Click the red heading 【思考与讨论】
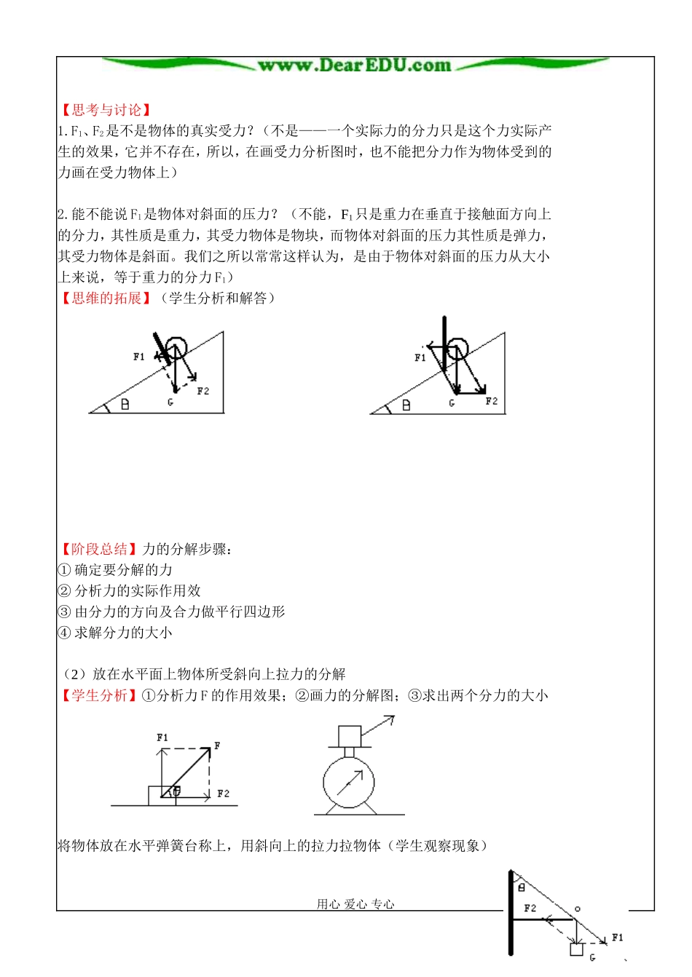coord(106,110)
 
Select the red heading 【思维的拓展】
coord(106,298)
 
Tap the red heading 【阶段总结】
coord(99,549)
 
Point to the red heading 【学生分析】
coord(99,695)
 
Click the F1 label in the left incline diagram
coord(139,357)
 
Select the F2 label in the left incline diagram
coord(203,391)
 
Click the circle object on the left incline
coord(176,347)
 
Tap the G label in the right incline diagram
coord(452,403)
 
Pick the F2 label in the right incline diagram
coord(492,401)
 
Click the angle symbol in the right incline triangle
coord(406,405)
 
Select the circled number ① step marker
coord(64,570)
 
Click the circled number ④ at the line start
coord(64,633)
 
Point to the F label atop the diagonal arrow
coord(217,745)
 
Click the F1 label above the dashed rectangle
coord(162,737)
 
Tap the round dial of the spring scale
coord(349,783)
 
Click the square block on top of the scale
coord(350,735)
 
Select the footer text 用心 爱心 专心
coord(355,904)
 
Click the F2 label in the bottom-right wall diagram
coord(530,908)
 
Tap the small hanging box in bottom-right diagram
coord(576,949)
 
